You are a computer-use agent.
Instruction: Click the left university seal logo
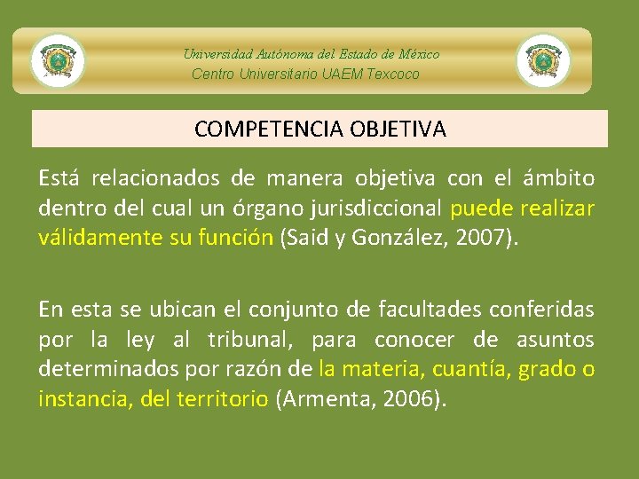coord(58,61)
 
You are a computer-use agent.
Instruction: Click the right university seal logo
coord(543,61)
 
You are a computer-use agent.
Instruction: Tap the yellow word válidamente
coord(91,238)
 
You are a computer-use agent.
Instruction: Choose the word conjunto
coord(285,310)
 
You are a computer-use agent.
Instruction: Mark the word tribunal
coord(245,340)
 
